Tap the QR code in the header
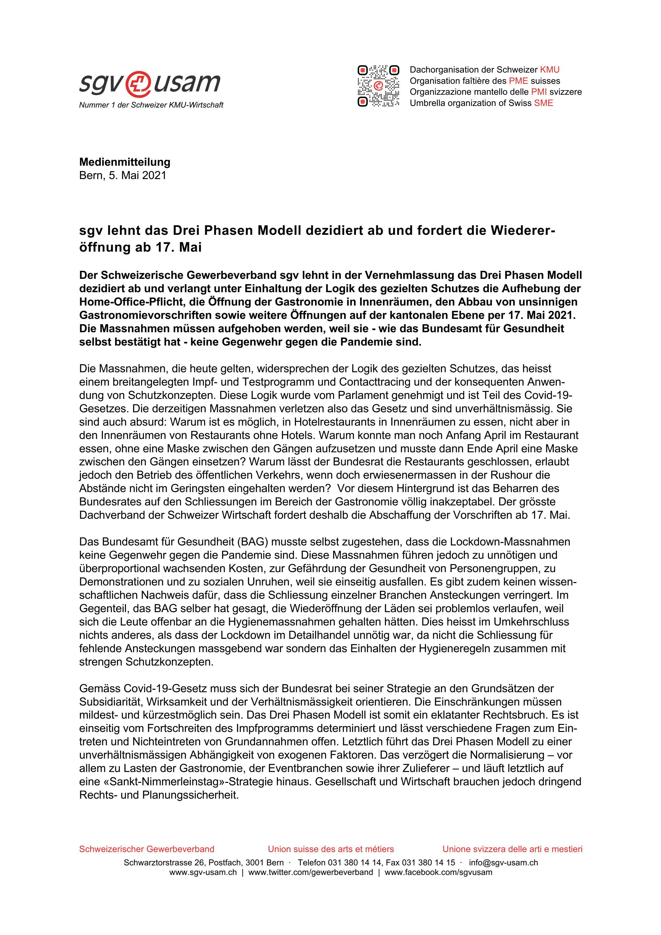click(378, 86)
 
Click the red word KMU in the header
click(550, 70)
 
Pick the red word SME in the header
click(543, 103)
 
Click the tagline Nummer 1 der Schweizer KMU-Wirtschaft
click(151, 105)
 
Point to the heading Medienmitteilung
click(125, 162)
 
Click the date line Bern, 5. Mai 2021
click(122, 176)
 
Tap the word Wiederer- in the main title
click(523, 231)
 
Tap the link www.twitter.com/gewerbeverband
click(311, 872)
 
